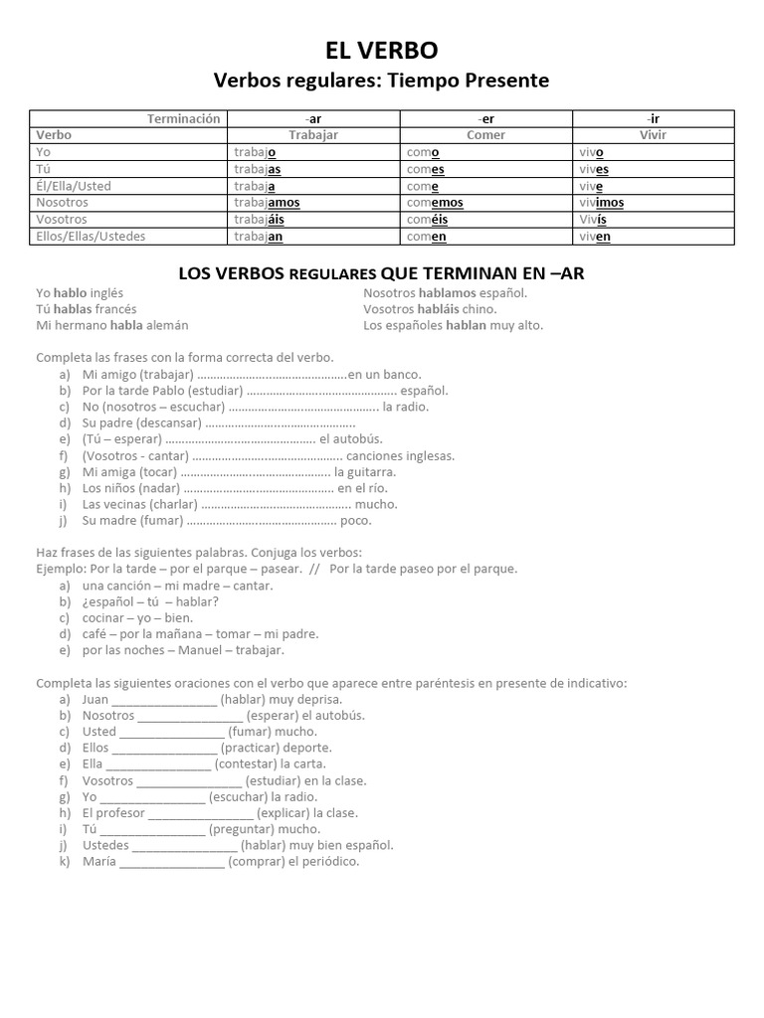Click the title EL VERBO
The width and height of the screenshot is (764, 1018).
pyautogui.click(x=382, y=51)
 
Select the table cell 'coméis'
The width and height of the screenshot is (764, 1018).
pyautogui.click(x=429, y=219)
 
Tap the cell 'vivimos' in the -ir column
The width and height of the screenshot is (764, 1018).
pyautogui.click(x=601, y=202)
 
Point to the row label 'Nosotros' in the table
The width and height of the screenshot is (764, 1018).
pyautogui.click(x=62, y=202)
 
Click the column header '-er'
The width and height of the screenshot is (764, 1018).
pyautogui.click(x=485, y=118)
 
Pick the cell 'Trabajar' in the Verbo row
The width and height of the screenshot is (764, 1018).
pyautogui.click(x=313, y=134)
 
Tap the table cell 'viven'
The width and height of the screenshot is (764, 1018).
pyautogui.click(x=595, y=236)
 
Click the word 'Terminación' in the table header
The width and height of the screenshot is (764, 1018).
pyautogui.click(x=183, y=118)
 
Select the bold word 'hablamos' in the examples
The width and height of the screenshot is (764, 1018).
pyautogui.click(x=437, y=293)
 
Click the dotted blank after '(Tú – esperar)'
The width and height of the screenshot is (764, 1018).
pyautogui.click(x=240, y=438)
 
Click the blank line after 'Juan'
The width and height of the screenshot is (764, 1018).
pyautogui.click(x=163, y=699)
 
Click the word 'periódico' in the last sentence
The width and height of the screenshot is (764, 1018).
pyautogui.click(x=329, y=861)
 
